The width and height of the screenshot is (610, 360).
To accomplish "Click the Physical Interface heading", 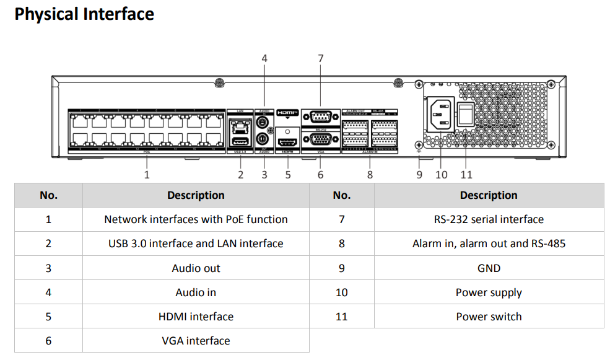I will [84, 14].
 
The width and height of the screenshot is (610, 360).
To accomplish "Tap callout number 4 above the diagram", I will [264, 58].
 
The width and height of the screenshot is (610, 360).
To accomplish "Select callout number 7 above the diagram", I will [320, 58].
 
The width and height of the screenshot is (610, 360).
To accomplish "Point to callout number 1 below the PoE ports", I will [147, 175].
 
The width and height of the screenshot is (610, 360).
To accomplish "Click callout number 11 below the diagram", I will [466, 175].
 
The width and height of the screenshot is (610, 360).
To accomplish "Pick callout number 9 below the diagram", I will [419, 175].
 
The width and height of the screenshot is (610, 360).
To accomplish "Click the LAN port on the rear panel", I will [240, 126].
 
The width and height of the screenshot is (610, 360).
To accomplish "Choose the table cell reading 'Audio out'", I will [196, 268].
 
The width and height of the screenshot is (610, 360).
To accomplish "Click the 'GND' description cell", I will [489, 268].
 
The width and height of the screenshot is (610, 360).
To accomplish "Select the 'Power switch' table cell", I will [489, 317].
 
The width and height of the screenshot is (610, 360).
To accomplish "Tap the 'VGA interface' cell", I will [196, 341].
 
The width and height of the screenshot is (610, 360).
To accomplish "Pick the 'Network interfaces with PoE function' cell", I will [196, 219].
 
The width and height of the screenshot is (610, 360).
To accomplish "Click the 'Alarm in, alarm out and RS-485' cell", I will [489, 244].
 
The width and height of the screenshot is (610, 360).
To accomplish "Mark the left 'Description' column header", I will [196, 195].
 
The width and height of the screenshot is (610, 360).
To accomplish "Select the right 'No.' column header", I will [342, 195].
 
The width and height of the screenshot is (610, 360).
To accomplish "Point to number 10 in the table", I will [342, 292].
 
